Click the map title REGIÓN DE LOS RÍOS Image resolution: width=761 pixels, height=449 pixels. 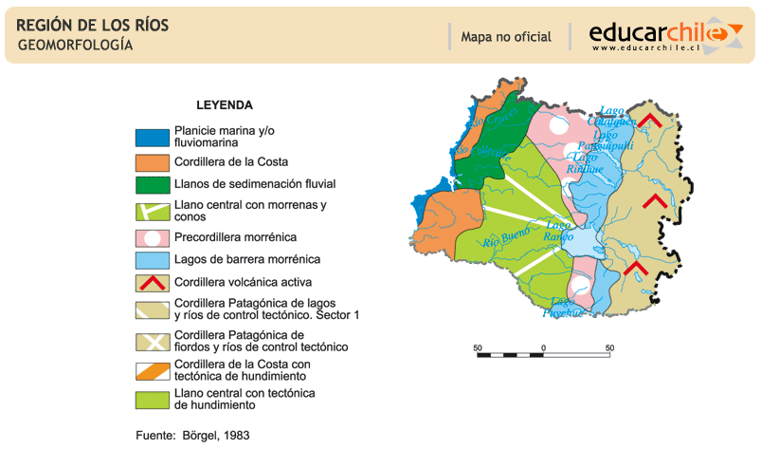tap(93, 26)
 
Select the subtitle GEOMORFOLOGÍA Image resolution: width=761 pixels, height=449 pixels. tap(75, 45)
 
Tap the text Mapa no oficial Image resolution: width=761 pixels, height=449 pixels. tap(505, 37)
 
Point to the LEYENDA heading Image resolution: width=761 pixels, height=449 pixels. tap(225, 105)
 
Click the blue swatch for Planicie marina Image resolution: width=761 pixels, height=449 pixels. tap(152, 137)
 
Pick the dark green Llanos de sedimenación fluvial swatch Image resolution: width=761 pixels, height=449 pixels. tap(152, 184)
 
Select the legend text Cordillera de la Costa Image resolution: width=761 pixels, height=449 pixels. tap(231, 161)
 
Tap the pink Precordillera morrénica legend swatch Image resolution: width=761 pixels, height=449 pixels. tap(152, 236)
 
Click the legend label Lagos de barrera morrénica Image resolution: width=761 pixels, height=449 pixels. tap(247, 258)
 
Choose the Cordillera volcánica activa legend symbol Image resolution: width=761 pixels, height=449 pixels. tap(152, 283)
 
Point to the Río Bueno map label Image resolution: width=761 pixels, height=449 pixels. tap(504, 238)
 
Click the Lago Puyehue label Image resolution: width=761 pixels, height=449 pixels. tap(560, 307)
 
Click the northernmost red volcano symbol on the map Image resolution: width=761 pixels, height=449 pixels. tap(649, 120)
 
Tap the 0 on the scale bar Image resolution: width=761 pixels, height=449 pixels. tap(543, 346)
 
